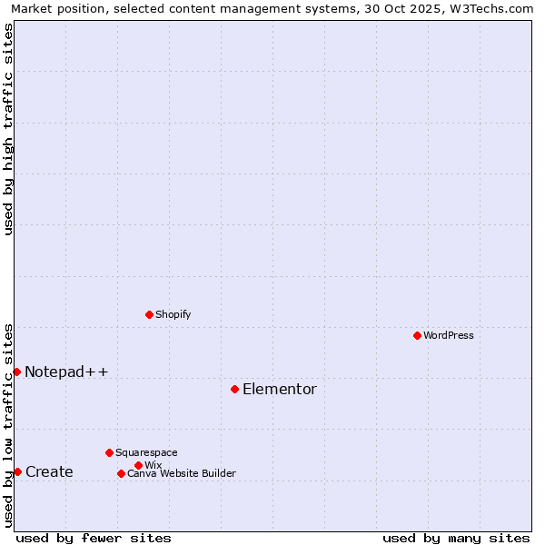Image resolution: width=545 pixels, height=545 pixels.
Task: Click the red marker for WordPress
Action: point(417,335)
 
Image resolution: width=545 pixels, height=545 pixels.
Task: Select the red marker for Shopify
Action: point(149,314)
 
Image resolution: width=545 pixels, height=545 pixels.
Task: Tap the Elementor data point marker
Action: point(234,389)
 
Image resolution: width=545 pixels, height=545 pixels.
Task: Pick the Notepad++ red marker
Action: point(16,372)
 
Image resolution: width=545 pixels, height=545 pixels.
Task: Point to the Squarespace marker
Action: point(109,452)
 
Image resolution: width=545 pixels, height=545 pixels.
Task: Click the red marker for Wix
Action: point(138,465)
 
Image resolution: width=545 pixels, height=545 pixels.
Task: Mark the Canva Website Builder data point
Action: point(121,473)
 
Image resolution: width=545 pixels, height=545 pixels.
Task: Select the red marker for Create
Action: point(17,471)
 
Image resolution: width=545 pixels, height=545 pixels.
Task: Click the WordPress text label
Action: point(449,335)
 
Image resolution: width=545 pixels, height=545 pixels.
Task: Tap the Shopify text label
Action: point(173,314)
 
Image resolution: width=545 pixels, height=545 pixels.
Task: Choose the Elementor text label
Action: point(280,389)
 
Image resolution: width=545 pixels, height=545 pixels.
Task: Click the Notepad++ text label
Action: point(66,372)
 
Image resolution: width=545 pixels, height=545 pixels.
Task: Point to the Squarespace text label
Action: point(146,452)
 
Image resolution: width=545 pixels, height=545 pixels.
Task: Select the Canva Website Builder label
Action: point(182,473)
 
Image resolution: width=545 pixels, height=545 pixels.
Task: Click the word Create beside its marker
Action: point(49,471)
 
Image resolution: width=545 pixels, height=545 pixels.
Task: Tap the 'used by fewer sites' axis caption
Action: point(94,538)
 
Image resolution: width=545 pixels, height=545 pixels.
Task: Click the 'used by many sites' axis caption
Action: point(456,538)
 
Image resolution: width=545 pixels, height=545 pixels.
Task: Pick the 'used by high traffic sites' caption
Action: point(8,129)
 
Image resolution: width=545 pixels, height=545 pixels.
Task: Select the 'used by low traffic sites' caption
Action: point(8,424)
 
